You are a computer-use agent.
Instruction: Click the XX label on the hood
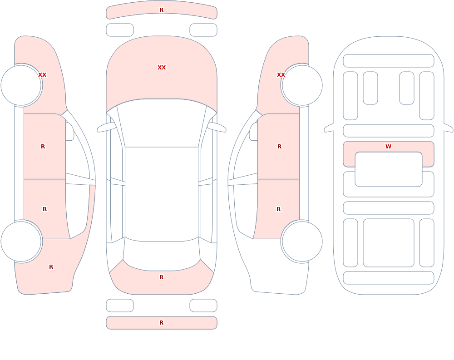162,68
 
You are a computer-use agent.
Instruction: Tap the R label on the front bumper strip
162,10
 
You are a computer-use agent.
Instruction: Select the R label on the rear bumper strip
162,323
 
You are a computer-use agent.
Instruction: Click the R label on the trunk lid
162,277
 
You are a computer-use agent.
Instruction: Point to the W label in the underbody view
389,147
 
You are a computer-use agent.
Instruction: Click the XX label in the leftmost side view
42,75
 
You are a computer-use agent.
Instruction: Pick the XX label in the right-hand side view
281,75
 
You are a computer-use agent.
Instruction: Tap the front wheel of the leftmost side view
21,85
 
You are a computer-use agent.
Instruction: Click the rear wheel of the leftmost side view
21,242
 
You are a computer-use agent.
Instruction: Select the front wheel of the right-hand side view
302,85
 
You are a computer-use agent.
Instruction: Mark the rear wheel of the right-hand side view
302,242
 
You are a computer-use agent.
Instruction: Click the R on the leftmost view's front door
43,147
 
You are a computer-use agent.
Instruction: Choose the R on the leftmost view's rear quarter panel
51,267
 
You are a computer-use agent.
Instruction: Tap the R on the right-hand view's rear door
279,209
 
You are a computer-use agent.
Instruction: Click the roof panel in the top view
162,194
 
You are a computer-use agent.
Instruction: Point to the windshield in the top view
162,123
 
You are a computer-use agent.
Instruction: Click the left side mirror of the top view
106,127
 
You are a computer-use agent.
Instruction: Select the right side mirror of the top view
217,127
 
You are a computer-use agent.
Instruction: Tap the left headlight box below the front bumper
120,30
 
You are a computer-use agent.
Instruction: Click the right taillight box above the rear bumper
203,306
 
